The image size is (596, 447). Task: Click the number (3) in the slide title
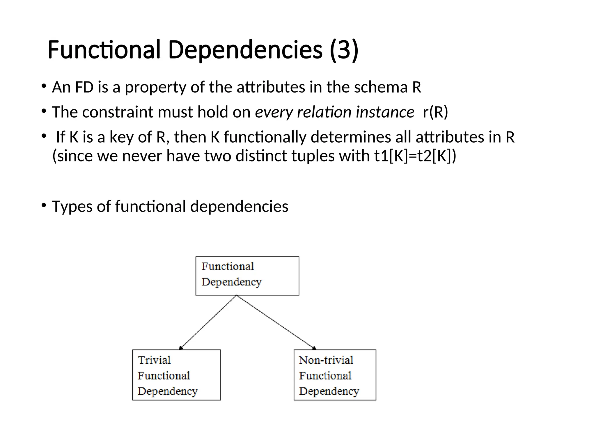point(344,50)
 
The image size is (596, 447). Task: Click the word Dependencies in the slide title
point(245,50)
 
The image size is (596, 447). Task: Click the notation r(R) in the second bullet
point(435,112)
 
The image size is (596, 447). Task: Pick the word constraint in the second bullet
point(118,112)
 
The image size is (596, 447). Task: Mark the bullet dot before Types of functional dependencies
point(44,205)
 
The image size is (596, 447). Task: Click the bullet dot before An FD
point(44,86)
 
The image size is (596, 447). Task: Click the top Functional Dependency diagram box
point(247,276)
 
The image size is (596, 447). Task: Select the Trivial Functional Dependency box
point(176,375)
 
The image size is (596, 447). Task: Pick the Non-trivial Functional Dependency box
point(335,375)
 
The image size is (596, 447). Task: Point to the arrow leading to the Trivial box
point(208,322)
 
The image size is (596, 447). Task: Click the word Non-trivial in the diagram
point(326,360)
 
